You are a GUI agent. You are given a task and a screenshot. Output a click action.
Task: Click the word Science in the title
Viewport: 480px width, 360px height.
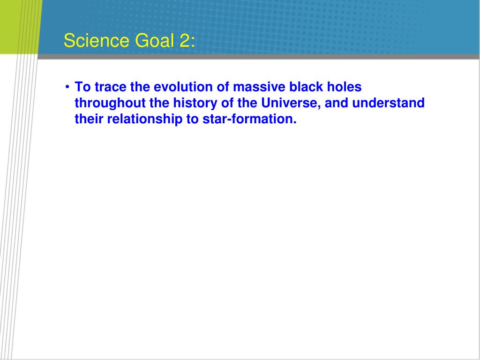[x=97, y=40]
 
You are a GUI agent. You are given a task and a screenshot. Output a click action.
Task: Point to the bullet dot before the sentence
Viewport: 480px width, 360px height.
[x=67, y=87]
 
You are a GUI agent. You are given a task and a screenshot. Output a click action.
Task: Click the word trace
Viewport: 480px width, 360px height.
[x=111, y=87]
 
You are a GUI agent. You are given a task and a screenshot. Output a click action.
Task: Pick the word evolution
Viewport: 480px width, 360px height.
[x=183, y=87]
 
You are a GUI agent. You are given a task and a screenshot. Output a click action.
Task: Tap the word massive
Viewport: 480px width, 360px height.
[x=259, y=87]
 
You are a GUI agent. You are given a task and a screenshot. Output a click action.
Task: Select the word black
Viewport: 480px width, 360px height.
[x=306, y=87]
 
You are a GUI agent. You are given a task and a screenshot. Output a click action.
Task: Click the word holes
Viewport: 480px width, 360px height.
[x=345, y=87]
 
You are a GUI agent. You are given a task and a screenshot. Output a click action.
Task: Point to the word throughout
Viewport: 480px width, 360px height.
[x=110, y=103]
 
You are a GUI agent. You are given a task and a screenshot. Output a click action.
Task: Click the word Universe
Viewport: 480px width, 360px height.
[x=291, y=103]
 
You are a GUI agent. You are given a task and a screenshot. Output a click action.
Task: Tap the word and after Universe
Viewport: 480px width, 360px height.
[x=337, y=103]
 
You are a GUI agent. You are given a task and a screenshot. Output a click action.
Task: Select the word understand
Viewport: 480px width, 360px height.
[x=389, y=103]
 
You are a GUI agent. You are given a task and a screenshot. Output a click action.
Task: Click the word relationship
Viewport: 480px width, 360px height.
[x=144, y=119]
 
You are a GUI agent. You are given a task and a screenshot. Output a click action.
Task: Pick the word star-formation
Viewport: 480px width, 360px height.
[x=249, y=119]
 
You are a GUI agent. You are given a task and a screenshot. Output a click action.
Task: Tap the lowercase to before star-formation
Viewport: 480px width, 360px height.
[x=192, y=119]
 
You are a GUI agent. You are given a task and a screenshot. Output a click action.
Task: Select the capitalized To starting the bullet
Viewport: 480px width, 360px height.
[x=82, y=87]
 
